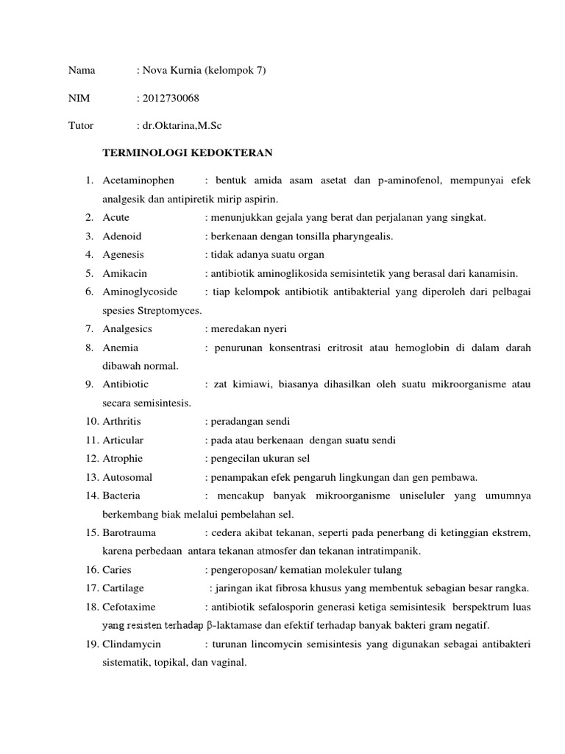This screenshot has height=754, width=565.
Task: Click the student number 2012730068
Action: [171, 98]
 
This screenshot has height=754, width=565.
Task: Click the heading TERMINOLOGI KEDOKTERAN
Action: [187, 152]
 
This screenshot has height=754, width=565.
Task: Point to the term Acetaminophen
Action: [138, 180]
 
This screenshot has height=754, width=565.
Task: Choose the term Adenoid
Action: [121, 236]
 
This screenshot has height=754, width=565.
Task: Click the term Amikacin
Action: [125, 273]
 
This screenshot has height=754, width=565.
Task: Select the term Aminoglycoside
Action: [140, 292]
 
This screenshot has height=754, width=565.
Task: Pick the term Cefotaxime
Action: [129, 607]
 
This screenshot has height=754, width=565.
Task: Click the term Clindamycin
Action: [132, 644]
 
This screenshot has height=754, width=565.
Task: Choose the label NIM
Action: [78, 98]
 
